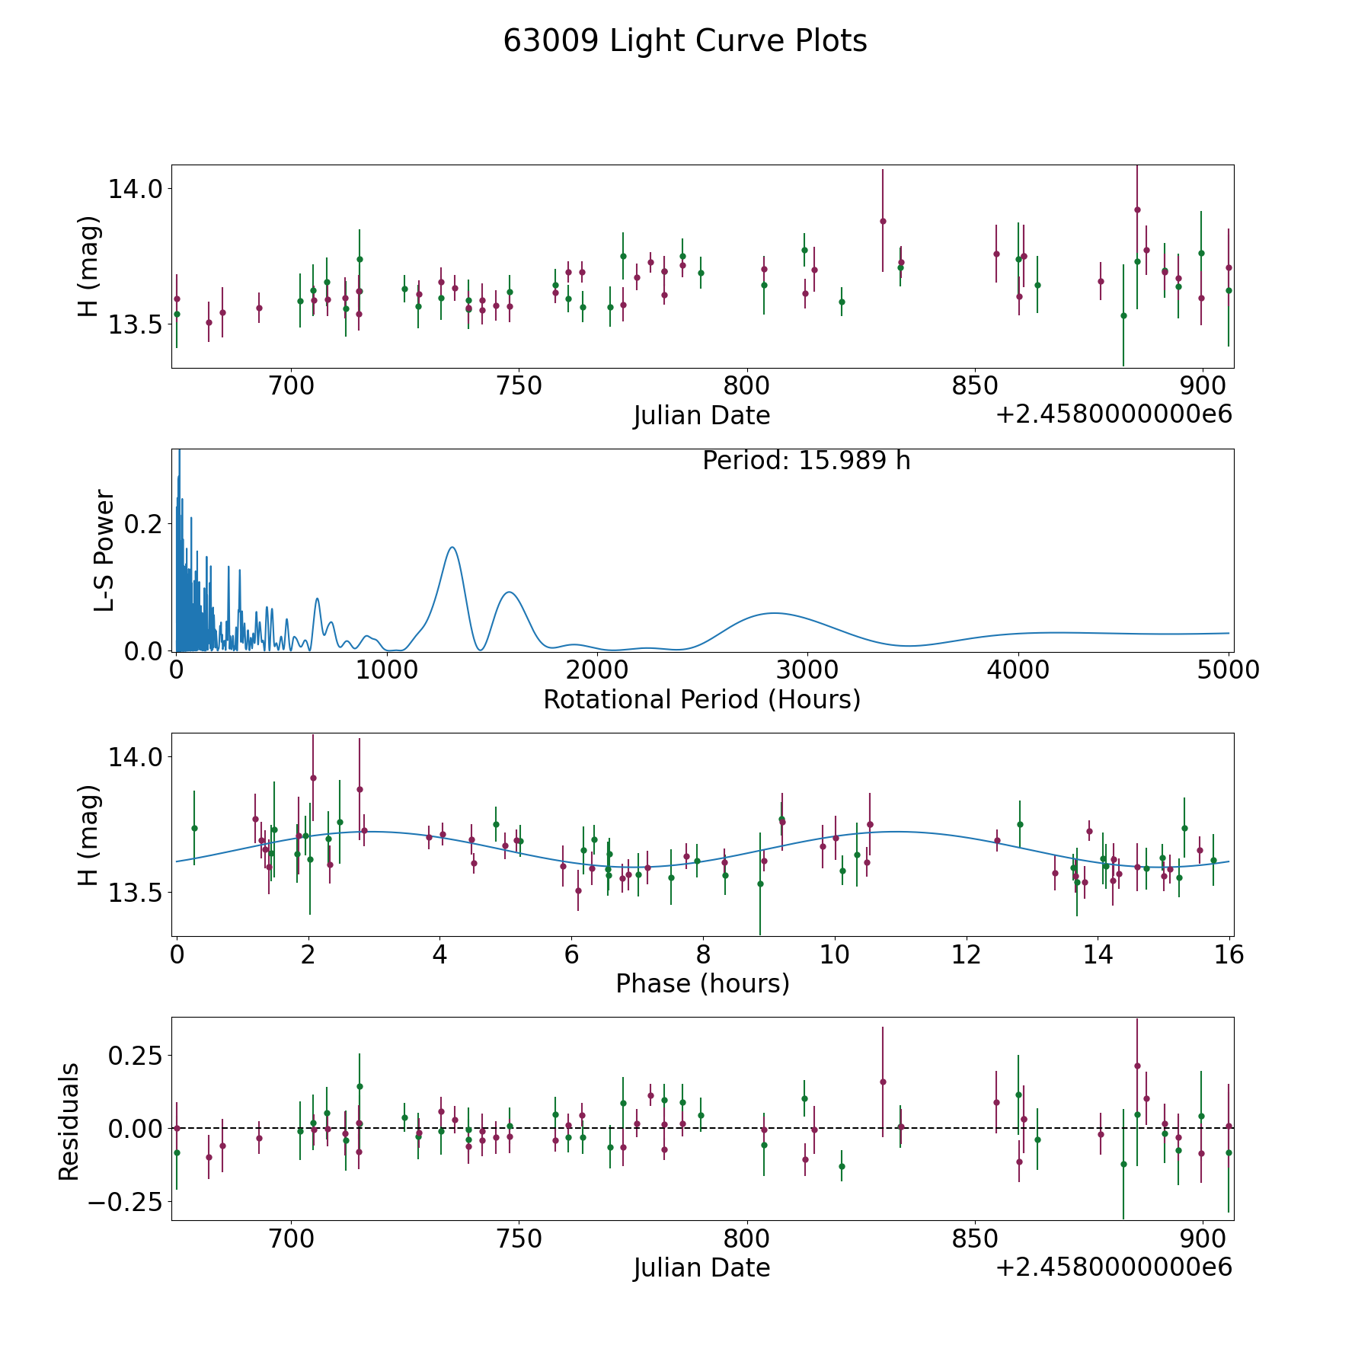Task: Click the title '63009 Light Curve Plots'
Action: tap(685, 41)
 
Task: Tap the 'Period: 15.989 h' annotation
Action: tap(807, 461)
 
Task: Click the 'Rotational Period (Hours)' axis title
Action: tap(701, 699)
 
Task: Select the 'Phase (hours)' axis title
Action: tap(702, 983)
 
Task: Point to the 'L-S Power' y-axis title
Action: tap(104, 551)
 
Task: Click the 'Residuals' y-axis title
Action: tap(69, 1122)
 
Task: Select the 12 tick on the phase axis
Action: tap(967, 954)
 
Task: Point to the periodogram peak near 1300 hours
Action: tap(452, 547)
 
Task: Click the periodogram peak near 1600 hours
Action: tap(509, 592)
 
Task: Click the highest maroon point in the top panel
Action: tap(1137, 209)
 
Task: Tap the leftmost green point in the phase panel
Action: tap(194, 828)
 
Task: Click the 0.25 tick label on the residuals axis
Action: tap(136, 1056)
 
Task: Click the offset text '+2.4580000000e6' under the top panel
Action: tap(1114, 415)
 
